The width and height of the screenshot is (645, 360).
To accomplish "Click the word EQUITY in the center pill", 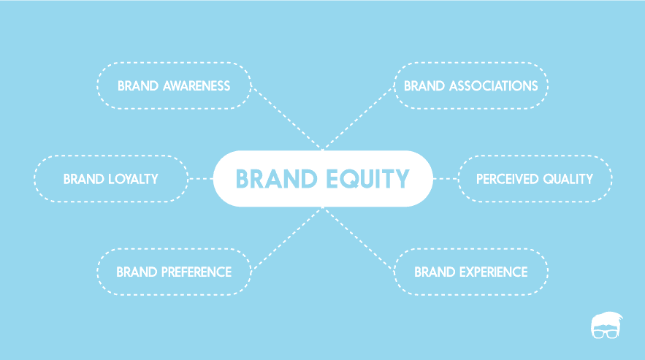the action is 367,179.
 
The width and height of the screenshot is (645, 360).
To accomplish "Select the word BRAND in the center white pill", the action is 276,179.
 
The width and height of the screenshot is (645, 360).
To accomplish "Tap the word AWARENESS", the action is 196,86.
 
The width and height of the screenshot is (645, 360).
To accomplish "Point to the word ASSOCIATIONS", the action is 493,86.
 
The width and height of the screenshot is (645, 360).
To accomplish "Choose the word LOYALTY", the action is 133,179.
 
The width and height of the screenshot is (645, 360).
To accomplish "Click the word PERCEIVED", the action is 507,179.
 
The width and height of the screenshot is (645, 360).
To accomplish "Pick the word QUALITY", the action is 568,179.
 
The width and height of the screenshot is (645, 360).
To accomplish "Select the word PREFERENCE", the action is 196,272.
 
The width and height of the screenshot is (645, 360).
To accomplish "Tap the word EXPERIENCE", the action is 493,272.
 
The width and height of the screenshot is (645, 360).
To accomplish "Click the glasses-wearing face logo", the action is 606,325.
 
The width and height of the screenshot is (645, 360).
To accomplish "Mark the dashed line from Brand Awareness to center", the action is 287,118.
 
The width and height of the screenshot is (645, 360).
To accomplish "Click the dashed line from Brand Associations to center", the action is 358,118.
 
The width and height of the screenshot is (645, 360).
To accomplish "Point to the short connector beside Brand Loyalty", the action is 201,179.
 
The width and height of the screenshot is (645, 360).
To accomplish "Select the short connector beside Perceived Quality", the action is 446,179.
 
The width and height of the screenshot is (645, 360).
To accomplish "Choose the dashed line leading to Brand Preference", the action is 287,239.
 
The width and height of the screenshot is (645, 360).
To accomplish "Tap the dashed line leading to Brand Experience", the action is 358,239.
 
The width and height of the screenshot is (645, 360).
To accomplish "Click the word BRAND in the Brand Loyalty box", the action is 83,179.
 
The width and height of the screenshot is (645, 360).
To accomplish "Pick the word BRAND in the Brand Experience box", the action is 435,272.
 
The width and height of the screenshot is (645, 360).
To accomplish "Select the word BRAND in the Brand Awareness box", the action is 138,86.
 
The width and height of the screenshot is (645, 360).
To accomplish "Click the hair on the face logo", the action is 607,318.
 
